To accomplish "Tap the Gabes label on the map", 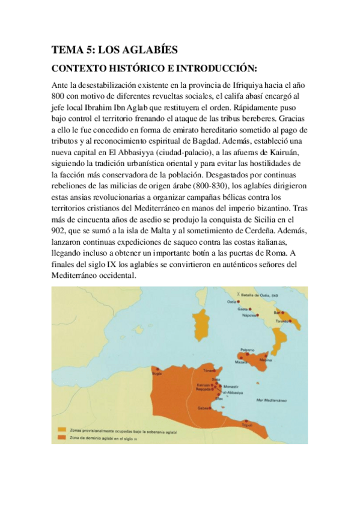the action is coord(203,408).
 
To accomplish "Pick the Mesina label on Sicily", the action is coord(265,360).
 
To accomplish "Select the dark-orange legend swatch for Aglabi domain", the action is coord(61,437).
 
